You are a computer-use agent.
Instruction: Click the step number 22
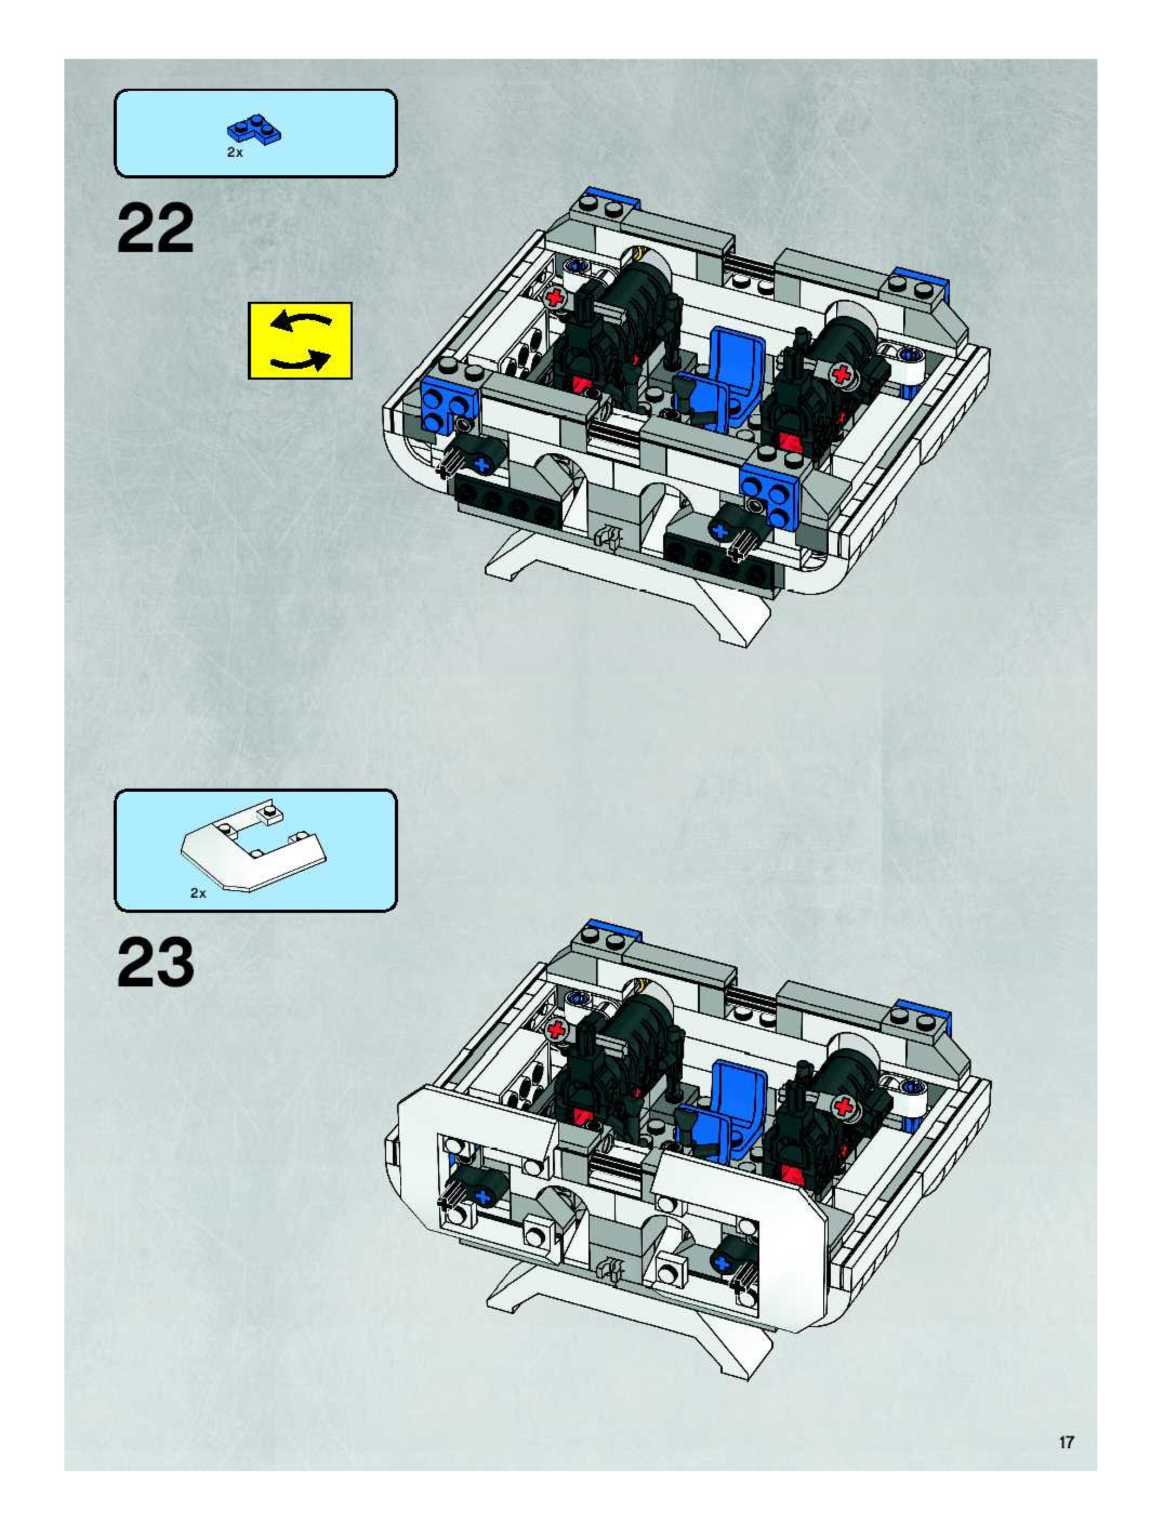(156, 229)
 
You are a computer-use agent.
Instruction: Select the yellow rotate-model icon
(300, 341)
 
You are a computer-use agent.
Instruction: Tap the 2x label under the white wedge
(199, 893)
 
